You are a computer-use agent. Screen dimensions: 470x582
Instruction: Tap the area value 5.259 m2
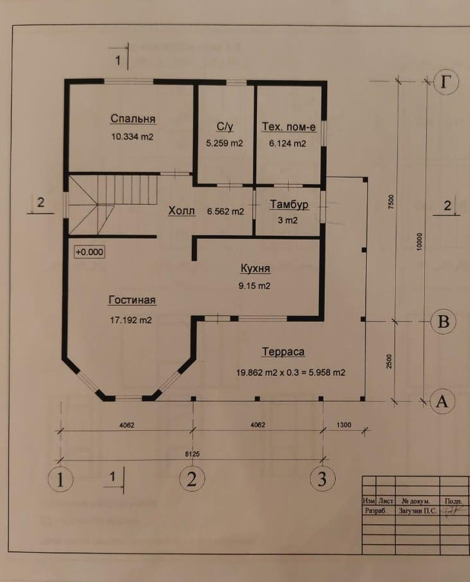coord(224,143)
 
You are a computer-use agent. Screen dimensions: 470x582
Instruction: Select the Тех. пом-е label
coord(288,127)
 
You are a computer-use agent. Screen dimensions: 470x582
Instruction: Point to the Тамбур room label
coord(289,205)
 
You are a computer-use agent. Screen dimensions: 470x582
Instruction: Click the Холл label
coord(181,211)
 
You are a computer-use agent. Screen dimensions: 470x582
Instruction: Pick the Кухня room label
coord(255,269)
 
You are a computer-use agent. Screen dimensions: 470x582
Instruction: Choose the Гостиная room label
coord(132,300)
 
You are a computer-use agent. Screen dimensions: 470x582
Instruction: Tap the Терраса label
coord(283,352)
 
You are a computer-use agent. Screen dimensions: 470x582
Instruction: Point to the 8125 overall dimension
coord(191,454)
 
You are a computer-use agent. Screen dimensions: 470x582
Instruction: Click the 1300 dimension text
coord(345,424)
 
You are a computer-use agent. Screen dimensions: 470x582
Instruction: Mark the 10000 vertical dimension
coord(420,241)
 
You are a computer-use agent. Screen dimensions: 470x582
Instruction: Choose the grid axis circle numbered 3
coord(322,479)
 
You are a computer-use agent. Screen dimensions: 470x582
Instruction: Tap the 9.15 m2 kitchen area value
coord(255,286)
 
